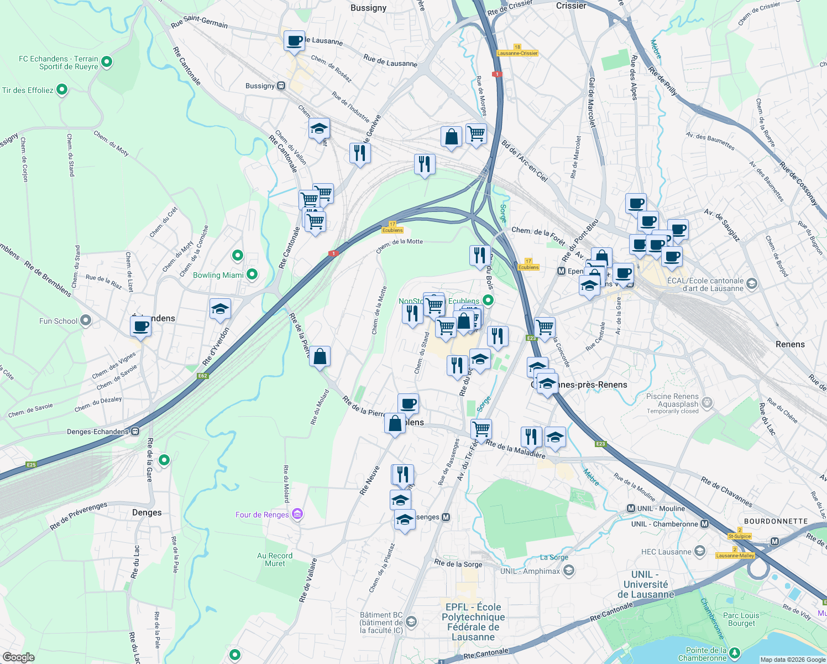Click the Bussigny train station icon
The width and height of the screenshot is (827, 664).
click(x=281, y=86)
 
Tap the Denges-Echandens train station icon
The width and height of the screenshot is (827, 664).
click(x=135, y=432)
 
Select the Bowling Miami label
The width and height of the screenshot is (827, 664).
click(x=218, y=275)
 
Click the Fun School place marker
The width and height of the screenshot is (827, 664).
click(x=85, y=320)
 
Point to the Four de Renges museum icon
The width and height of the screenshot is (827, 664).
click(x=297, y=515)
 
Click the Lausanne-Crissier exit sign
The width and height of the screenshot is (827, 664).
click(x=517, y=53)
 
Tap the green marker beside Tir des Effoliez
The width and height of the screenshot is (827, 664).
click(x=62, y=89)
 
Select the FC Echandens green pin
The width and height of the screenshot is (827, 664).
click(x=107, y=62)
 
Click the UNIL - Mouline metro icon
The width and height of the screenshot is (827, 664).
click(x=631, y=509)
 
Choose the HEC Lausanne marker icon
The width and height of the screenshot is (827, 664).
click(x=700, y=551)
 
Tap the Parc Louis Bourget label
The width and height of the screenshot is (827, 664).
click(x=741, y=619)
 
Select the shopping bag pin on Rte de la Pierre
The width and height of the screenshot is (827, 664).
click(x=320, y=357)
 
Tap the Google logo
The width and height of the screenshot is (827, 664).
click(x=18, y=657)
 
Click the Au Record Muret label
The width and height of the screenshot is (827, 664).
click(x=275, y=559)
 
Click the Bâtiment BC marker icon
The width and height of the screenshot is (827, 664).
click(x=411, y=622)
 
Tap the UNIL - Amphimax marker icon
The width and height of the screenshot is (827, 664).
click(x=569, y=570)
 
